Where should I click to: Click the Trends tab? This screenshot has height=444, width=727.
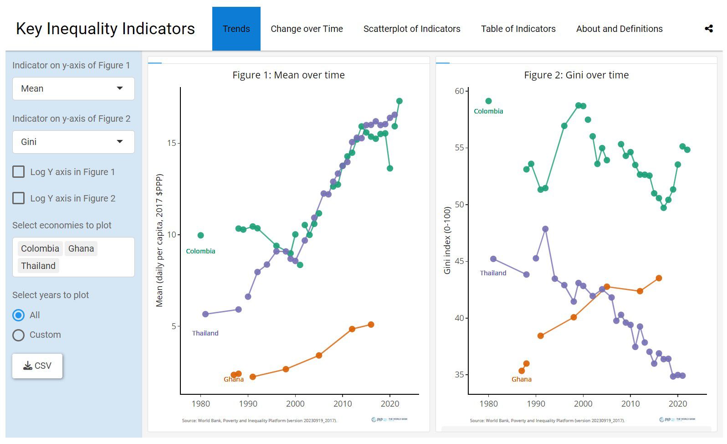coord(236,29)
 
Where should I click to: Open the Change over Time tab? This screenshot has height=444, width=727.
coord(307,29)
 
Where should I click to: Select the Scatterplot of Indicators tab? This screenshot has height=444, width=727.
coord(411,29)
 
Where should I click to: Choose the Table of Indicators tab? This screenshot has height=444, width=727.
coord(518,29)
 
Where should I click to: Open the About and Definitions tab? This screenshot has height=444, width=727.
coord(619,29)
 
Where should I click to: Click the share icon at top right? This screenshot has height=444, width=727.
coord(708,29)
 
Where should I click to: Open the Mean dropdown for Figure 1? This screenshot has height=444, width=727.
coord(73,88)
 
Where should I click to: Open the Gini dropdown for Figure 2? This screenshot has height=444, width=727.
coord(73,142)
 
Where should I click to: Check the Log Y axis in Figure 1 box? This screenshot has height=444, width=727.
coord(19,172)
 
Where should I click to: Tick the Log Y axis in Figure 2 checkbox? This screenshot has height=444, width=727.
coord(19,198)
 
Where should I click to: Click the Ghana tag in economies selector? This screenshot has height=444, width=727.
coord(81,248)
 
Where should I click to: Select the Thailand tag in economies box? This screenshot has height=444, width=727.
coord(38,266)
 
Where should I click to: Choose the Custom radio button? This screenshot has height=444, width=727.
coord(19,335)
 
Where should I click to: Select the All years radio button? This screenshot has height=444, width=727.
coord(19,315)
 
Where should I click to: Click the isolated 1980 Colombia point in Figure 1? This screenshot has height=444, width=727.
coord(200,235)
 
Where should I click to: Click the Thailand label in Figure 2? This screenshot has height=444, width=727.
coord(493,273)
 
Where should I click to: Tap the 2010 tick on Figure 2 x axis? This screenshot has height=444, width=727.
coord(630,404)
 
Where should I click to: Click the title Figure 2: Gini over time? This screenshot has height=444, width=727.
coord(576,75)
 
